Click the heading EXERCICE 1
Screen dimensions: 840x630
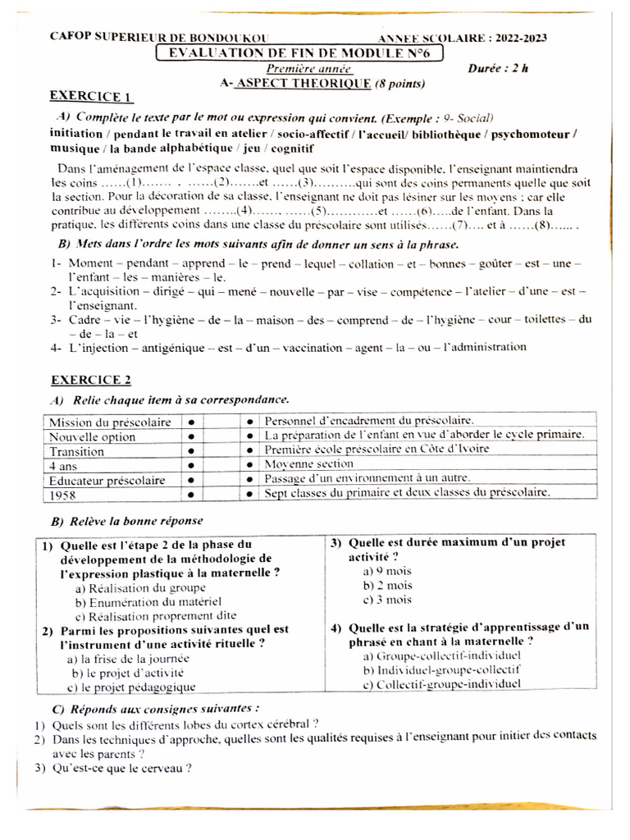(x=90, y=96)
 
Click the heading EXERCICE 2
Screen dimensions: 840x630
(x=90, y=380)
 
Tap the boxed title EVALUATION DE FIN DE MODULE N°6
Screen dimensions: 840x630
(x=299, y=53)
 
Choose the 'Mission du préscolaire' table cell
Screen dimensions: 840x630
(x=110, y=422)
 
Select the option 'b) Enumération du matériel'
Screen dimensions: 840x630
(x=148, y=601)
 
